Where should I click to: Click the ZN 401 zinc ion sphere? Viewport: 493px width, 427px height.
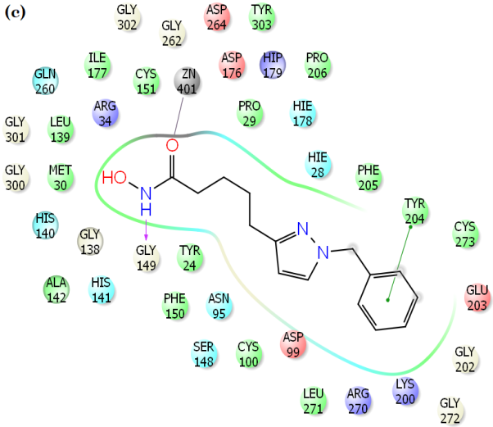[188, 79]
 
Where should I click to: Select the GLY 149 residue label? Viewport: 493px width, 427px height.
[146, 257]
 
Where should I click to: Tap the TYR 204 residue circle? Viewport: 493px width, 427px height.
[416, 211]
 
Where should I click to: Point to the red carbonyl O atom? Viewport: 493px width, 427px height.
[172, 145]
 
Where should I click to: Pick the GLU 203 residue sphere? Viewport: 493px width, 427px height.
[477, 297]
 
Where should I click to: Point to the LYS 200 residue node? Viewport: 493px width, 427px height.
[406, 388]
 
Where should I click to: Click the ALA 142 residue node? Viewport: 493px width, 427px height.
[57, 288]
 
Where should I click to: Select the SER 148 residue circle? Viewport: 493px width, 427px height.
[205, 354]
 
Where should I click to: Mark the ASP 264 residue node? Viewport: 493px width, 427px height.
[216, 17]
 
